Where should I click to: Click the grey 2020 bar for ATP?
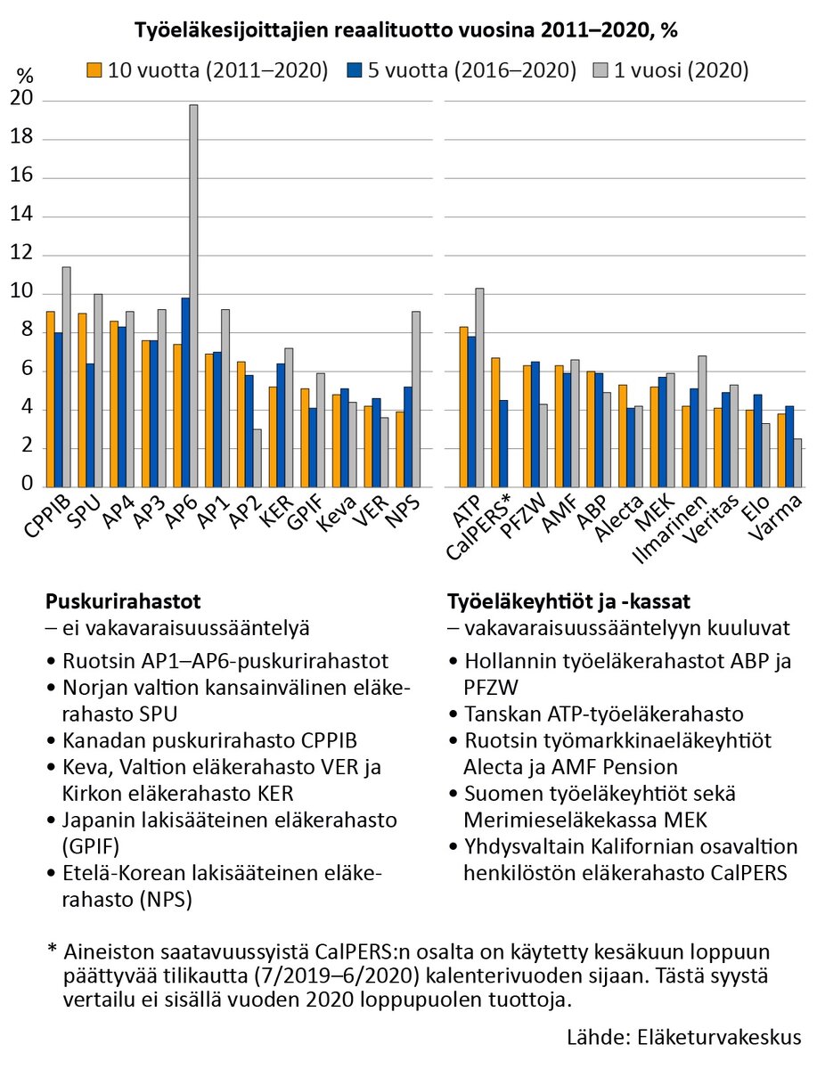click(478, 388)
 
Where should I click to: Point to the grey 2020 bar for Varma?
click(797, 462)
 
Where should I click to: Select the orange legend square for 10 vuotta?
click(94, 69)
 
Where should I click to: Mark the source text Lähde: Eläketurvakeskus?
click(684, 1038)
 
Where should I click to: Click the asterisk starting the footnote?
click(52, 951)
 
